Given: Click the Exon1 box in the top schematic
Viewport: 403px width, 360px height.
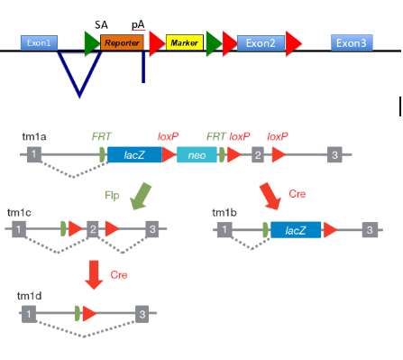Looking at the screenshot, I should (39, 42).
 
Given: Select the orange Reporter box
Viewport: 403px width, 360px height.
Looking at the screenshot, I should (123, 42).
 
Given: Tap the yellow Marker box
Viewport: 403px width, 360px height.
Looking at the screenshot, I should (184, 43).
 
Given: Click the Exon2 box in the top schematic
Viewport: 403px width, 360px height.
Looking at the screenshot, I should (261, 43).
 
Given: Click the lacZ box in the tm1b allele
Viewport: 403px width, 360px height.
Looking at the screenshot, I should (296, 230).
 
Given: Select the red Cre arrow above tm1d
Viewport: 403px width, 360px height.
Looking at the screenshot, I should (93, 273).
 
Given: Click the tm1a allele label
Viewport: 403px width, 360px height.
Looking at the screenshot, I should (34, 136).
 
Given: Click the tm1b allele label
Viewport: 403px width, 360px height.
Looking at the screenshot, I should (225, 212).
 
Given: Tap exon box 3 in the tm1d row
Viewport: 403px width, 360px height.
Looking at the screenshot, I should (141, 314).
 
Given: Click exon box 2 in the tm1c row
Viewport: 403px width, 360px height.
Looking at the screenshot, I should (92, 230).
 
